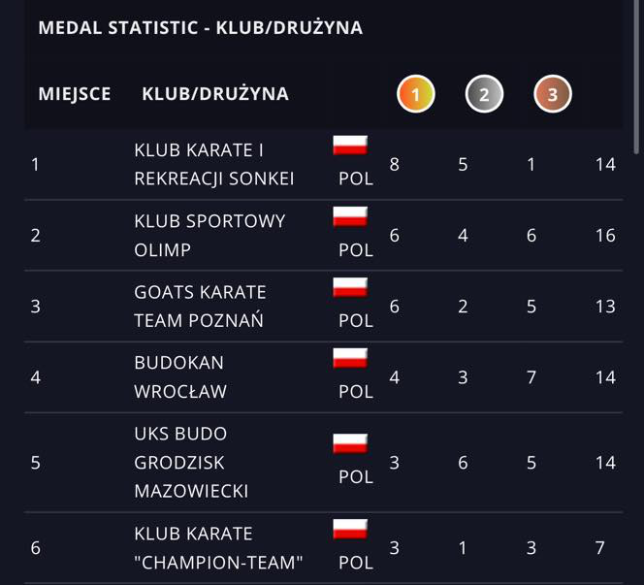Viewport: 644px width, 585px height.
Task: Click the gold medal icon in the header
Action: click(416, 94)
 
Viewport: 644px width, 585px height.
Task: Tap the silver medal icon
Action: click(484, 94)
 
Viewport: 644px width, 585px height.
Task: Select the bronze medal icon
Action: click(553, 94)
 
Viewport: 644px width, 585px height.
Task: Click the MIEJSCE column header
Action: click(75, 94)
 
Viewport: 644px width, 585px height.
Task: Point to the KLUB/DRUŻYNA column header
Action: click(215, 94)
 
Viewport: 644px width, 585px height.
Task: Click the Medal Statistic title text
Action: click(200, 28)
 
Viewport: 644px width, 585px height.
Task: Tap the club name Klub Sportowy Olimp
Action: click(209, 235)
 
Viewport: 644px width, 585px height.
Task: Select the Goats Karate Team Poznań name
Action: click(200, 306)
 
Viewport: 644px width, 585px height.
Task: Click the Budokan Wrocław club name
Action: click(180, 376)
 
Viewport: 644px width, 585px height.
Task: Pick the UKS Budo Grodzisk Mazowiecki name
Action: click(191, 462)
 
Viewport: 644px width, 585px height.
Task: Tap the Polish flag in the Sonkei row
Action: click(350, 146)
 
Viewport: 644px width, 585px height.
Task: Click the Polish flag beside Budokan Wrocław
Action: click(350, 358)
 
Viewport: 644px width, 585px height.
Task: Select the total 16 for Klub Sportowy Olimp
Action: click(605, 236)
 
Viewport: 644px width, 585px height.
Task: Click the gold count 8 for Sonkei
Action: click(394, 164)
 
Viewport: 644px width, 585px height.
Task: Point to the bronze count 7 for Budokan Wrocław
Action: click(531, 377)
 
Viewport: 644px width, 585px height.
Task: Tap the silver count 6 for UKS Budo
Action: click(463, 463)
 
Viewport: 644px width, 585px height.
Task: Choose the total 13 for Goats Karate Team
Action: click(605, 307)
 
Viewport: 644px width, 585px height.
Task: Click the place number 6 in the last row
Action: click(36, 548)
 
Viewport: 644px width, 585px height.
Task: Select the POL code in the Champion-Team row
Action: click(356, 563)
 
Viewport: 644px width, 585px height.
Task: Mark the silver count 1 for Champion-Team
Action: click(463, 548)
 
